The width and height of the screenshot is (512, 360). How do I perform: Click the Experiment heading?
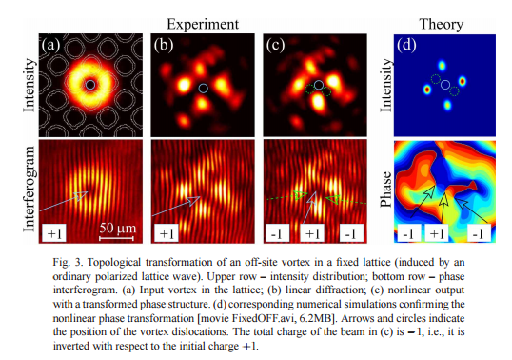coord(203,25)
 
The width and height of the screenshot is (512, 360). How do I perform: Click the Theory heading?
coord(442,25)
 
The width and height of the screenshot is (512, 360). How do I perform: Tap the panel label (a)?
coord(51,45)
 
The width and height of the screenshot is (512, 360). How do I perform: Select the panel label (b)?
coord(164,45)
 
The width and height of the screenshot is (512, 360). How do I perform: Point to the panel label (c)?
coord(276,45)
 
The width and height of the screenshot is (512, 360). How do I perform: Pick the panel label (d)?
coord(406,45)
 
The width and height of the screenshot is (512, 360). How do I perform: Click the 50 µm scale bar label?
coord(118,228)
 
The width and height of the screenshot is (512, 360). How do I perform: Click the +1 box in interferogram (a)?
coord(54,233)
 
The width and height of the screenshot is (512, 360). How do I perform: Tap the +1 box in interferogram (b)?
coord(167,233)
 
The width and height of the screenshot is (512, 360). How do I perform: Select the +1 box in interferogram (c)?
coord(312,233)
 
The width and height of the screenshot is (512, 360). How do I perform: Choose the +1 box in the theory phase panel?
coord(437,234)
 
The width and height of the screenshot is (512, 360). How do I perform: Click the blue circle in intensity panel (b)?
coord(203,88)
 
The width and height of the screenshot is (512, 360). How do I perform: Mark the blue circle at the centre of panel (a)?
coord(90,85)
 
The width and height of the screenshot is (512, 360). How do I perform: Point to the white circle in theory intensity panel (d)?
coord(445,85)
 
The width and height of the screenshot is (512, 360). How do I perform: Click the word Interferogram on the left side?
coord(30,190)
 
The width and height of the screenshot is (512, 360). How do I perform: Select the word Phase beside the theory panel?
coord(386,190)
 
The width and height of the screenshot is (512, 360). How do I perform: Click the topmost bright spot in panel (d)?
coord(442,66)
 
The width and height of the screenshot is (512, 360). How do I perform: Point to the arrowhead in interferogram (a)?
coord(82,194)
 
